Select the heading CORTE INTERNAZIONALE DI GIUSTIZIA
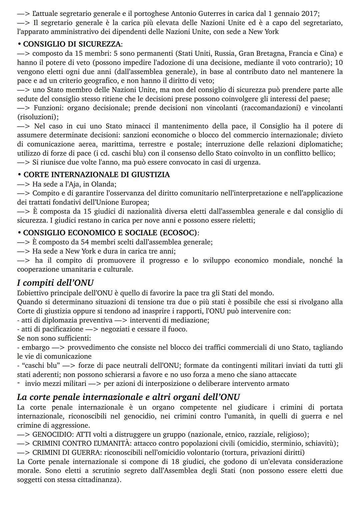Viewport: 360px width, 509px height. tap(96, 174)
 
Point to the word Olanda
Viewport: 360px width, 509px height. tap(104, 184)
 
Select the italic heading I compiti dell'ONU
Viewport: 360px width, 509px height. tap(55, 283)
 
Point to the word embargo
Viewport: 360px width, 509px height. tap(35, 347)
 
